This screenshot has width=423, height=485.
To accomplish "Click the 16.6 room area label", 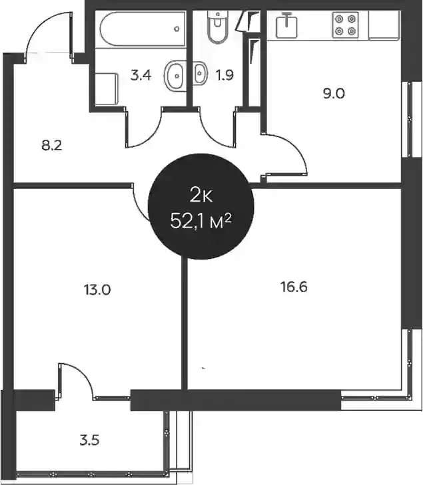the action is click(294, 287).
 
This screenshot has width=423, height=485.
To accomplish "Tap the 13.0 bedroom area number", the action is click(97, 290).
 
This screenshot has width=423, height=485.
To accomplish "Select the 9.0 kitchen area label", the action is click(334, 93).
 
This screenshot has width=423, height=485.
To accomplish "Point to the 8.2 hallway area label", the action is click(52, 145).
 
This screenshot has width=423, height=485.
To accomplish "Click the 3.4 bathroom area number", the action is click(141, 75).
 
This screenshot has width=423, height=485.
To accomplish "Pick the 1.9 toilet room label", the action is click(224, 75).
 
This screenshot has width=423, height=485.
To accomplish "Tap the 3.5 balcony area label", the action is click(89, 440).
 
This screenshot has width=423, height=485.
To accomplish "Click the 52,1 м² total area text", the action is click(201, 221).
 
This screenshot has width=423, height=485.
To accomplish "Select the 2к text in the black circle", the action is click(201, 196).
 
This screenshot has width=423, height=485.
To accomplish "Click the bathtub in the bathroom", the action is click(143, 29).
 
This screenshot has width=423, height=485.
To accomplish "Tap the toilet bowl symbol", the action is click(218, 27).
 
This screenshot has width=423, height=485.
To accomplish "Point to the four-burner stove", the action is click(345, 25).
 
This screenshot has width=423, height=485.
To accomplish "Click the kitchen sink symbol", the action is click(286, 26).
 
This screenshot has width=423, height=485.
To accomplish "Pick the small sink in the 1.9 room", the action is click(200, 73).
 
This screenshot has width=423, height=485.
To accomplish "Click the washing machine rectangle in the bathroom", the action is click(107, 89).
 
